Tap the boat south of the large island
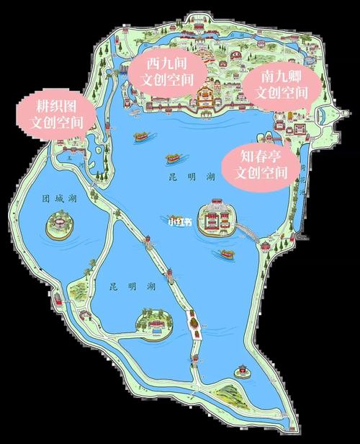click(x=227, y=254)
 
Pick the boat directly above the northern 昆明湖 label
click(x=174, y=156)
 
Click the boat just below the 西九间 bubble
click(x=142, y=135)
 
